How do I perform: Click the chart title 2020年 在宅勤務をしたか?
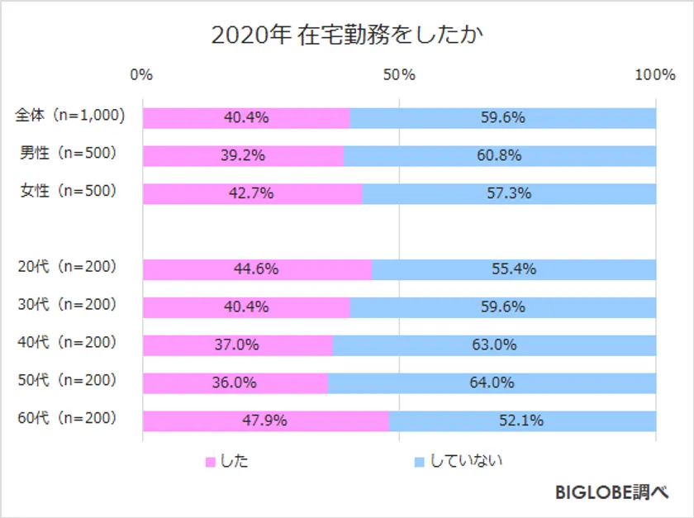coord(347,36)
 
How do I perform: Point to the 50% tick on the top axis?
coord(400,75)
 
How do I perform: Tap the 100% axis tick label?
coord(655,75)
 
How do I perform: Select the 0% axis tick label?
coord(142,75)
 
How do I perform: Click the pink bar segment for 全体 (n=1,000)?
coord(246,118)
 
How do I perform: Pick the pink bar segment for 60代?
coord(265,421)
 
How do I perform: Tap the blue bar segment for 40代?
coord(494,345)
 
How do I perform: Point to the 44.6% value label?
coord(256,269)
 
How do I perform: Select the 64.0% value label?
coord(492,383)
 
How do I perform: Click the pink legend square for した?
coord(210,462)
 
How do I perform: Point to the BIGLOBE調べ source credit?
coord(611,493)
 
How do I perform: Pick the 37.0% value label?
coord(237,345)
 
